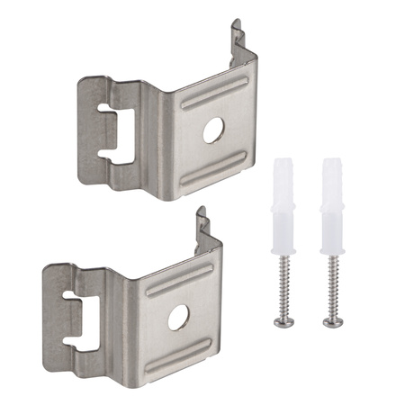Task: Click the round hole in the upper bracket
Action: [212, 130]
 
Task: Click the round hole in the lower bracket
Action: [179, 316]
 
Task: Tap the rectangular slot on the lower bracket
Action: [82, 310]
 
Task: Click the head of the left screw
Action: [282, 321]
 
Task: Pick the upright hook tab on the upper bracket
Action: [237, 40]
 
